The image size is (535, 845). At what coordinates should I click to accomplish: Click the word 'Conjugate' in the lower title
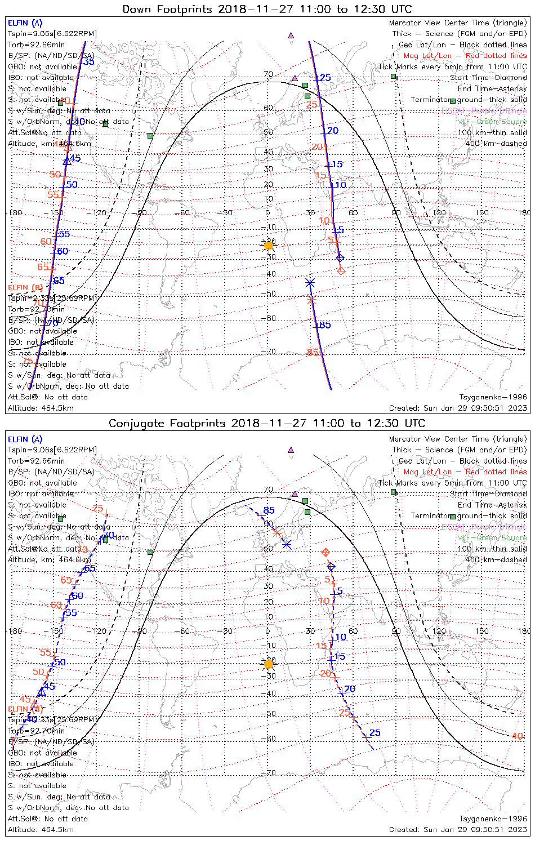coord(133,423)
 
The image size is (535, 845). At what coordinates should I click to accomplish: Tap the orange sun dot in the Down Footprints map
coord(269,245)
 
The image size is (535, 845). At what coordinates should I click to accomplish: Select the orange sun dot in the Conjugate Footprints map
coord(269,664)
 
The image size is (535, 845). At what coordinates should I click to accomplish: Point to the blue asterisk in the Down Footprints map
coord(310,283)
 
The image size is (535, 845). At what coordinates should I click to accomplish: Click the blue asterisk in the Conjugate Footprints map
coord(287,544)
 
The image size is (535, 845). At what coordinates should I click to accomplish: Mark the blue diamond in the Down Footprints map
coord(340,257)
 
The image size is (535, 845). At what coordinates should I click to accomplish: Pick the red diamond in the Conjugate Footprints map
coord(325,552)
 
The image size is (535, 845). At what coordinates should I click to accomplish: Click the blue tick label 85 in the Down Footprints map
coord(324,325)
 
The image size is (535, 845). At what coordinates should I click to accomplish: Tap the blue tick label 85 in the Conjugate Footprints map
coord(269,510)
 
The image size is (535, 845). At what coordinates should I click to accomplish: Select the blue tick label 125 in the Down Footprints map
coord(323,78)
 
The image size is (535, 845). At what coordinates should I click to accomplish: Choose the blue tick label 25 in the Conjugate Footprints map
coord(374,733)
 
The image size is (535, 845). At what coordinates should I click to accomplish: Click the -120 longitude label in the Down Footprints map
coord(99,212)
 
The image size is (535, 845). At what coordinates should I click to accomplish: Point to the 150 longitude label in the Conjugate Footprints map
coord(481,631)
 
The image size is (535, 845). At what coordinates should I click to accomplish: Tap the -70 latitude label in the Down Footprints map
coord(270,352)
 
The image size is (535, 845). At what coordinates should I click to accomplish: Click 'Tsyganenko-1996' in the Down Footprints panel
coord(493,397)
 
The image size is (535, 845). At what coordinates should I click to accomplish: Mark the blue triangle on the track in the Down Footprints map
coord(66,161)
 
